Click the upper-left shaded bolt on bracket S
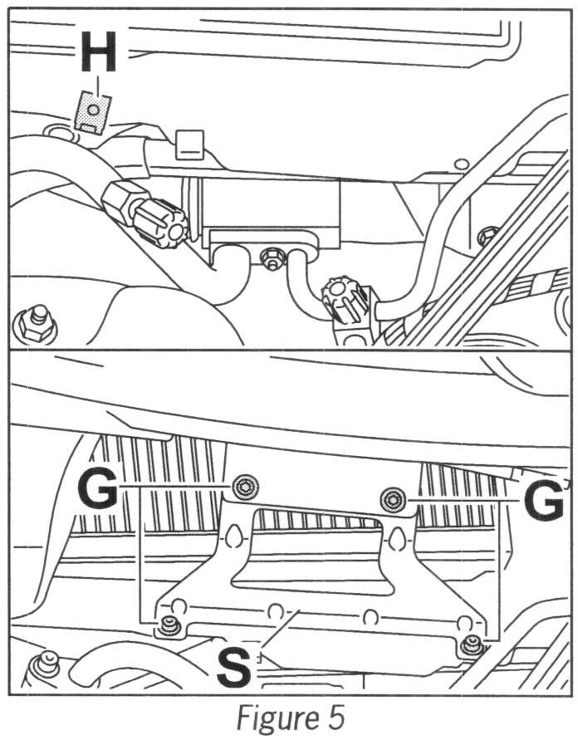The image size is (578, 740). tap(244, 488)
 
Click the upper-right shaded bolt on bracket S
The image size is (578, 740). tap(392, 500)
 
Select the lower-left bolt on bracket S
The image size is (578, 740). tap(171, 627)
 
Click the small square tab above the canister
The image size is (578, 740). tap(190, 144)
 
